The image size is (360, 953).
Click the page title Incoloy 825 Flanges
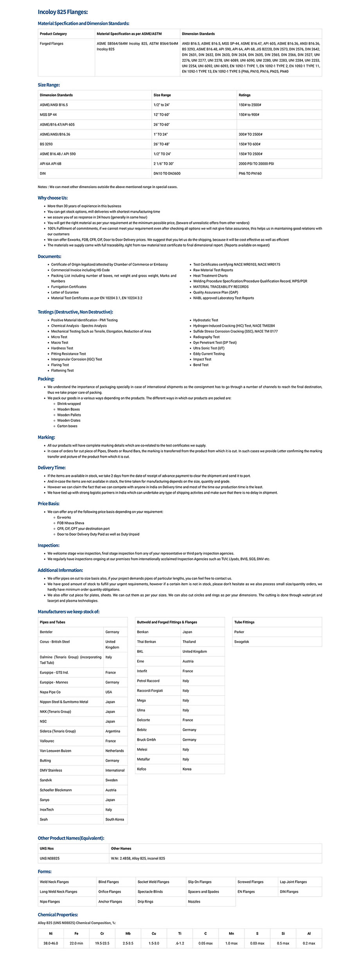point(63,12)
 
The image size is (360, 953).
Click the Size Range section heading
point(49,85)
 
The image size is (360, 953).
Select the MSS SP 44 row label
point(48,115)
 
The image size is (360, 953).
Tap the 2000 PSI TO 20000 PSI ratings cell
point(256,164)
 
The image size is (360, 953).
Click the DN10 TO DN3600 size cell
point(167,173)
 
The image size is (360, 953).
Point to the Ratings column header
point(245,95)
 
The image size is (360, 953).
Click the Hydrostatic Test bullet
point(205,320)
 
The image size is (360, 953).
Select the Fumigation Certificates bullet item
point(68,287)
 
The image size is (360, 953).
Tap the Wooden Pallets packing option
point(69,415)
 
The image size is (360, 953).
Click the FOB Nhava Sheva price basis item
point(70,523)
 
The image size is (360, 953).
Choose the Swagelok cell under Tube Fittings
point(241,642)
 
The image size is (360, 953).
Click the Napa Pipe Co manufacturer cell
point(50,692)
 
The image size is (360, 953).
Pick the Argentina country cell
point(113,731)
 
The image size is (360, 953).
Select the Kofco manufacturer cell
point(142,769)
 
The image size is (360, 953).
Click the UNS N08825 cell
point(50,858)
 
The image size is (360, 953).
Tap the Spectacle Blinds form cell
point(150,892)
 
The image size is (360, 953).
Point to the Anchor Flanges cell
point(110,901)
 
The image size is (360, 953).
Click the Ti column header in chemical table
point(180,933)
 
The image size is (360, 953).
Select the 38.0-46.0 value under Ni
point(50,943)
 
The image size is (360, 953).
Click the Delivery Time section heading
point(52,468)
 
